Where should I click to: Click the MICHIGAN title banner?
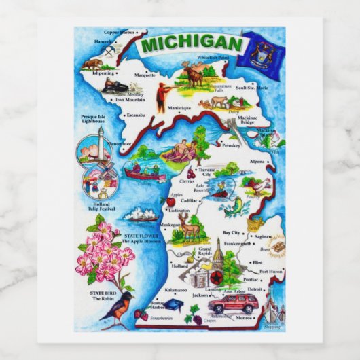[192, 44]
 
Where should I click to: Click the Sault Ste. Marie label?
[252, 88]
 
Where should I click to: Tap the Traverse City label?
[204, 172]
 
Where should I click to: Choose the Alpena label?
[257, 162]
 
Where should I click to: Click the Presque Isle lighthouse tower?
[97, 143]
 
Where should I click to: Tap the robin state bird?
[115, 308]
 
